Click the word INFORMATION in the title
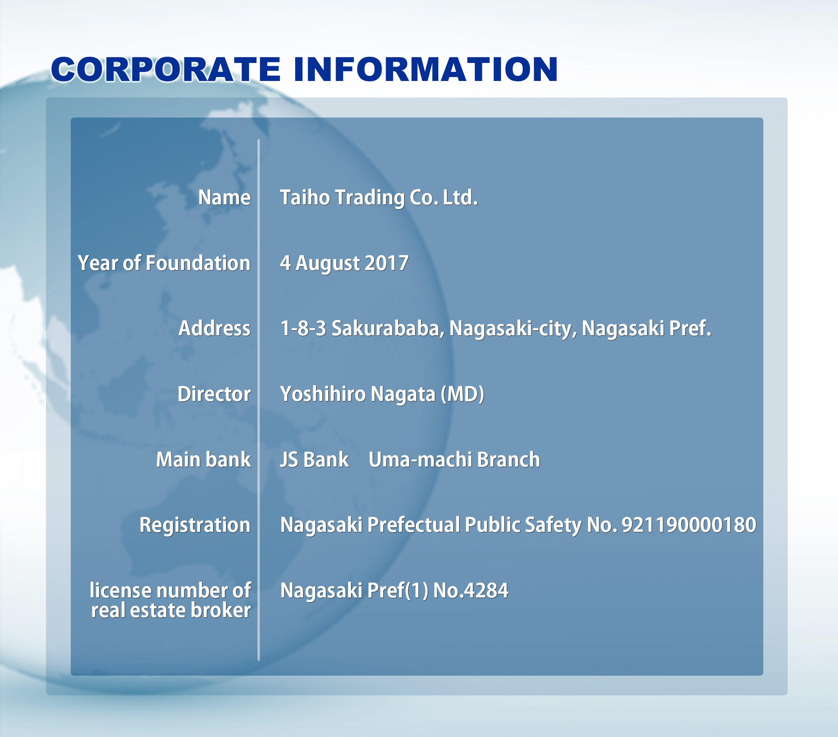tap(426, 69)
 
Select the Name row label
tap(224, 198)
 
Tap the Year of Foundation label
tap(164, 263)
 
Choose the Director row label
tap(214, 394)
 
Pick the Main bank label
tap(203, 459)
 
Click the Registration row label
tap(195, 525)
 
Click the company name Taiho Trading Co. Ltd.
tap(379, 198)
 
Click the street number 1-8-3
tap(303, 328)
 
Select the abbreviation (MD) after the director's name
tap(463, 394)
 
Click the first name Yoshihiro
tap(323, 394)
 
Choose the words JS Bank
tap(314, 459)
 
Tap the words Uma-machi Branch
tap(454, 459)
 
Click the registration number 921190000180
tap(689, 525)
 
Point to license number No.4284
tap(470, 591)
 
